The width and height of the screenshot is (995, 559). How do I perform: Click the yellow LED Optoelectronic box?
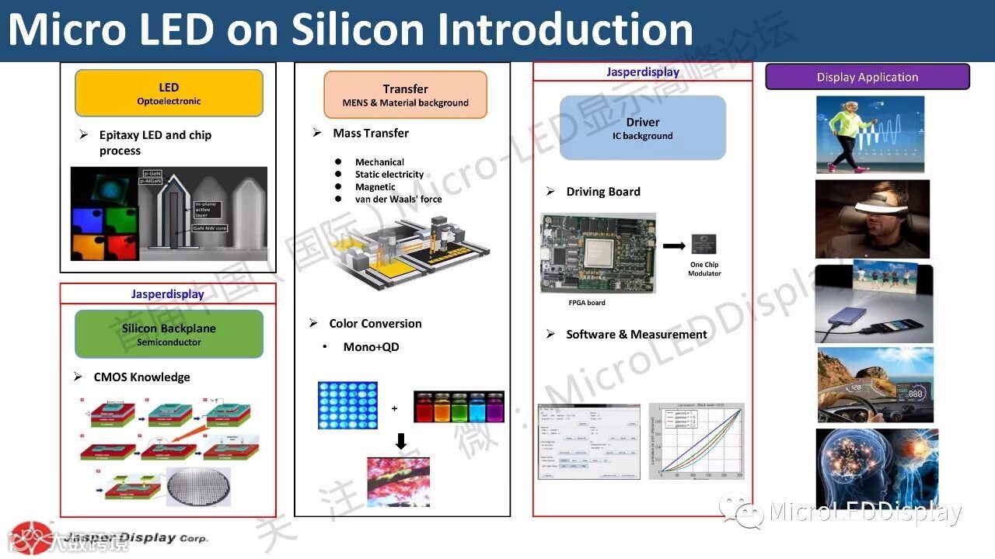[169, 93]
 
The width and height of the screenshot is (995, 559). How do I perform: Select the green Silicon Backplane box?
[169, 334]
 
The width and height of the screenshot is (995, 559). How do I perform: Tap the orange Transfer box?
[405, 95]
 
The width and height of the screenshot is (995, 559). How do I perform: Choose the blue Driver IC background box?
[642, 128]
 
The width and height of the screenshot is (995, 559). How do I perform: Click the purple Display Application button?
[868, 77]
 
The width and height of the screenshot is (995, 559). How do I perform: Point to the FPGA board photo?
[598, 254]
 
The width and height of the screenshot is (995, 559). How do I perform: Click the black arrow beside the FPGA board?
[674, 246]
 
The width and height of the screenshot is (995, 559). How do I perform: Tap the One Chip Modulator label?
[704, 269]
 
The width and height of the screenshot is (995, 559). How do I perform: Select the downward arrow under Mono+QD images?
[401, 441]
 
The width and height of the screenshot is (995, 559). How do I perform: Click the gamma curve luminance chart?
[696, 440]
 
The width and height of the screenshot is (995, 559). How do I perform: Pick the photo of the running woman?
[870, 134]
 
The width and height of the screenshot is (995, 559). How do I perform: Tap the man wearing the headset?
[872, 219]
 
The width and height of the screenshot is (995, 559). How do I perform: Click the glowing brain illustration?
[876, 468]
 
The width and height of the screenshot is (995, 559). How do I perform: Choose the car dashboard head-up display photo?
[875, 384]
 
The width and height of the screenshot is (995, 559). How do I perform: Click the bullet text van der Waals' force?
[398, 200]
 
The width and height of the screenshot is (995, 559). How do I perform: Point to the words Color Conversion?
[375, 324]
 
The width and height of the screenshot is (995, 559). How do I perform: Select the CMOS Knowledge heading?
[141, 377]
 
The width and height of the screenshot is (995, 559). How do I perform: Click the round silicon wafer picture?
[198, 487]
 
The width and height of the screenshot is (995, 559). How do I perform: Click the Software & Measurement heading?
[636, 335]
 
